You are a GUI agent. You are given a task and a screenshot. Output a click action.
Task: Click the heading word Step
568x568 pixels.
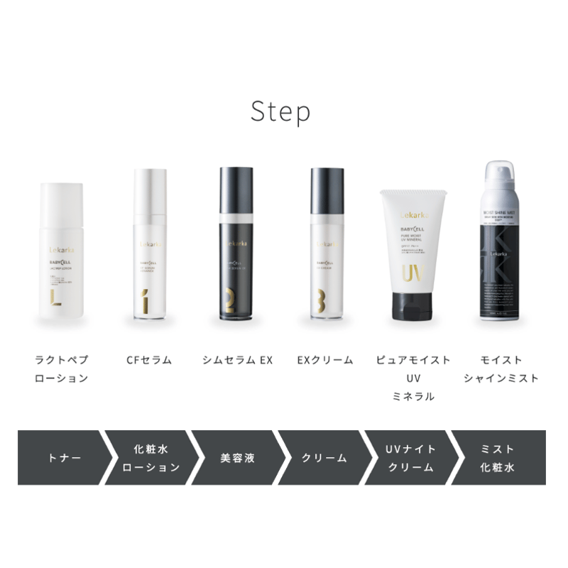pos(280,111)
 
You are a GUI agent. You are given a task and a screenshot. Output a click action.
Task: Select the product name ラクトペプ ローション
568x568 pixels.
pos(62,369)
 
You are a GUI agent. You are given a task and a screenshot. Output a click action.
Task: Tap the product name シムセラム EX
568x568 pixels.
pos(238,360)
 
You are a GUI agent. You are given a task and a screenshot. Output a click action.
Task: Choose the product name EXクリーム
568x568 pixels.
pos(324,360)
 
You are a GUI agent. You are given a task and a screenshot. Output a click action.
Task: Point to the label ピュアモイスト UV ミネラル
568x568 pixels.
pos(413,378)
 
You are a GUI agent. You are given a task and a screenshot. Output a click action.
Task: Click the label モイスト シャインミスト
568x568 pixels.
pos(501,369)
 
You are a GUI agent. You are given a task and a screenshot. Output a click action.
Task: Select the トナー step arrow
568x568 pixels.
pos(60,458)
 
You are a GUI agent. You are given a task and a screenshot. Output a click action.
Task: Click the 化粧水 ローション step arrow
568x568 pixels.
pos(150,458)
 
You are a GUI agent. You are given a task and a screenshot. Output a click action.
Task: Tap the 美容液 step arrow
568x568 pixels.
pos(235,458)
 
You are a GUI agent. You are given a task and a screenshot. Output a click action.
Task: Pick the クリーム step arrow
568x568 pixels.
pos(324,458)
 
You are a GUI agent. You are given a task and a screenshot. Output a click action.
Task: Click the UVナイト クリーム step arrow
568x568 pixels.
pos(410,458)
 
